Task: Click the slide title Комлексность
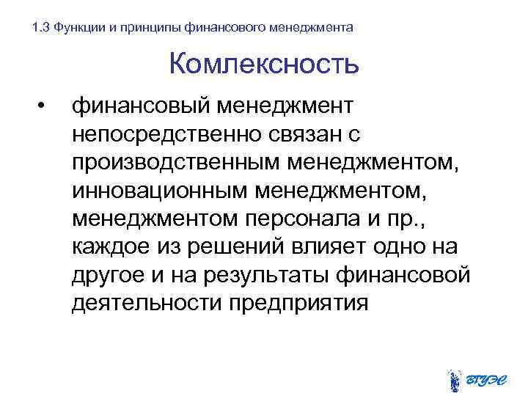point(264,64)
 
